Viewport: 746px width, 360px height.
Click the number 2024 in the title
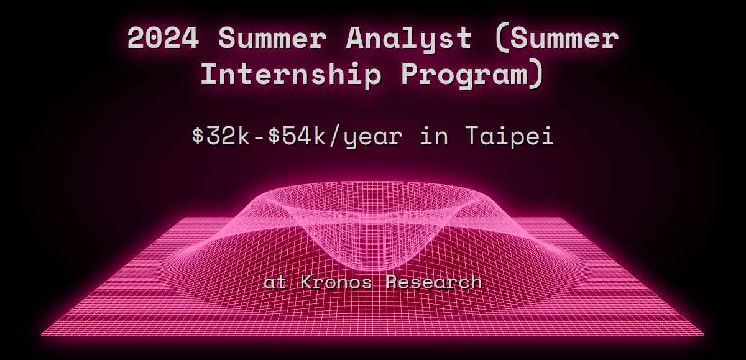(x=163, y=38)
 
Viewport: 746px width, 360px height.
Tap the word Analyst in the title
(x=409, y=39)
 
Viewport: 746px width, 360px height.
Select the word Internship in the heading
(x=291, y=75)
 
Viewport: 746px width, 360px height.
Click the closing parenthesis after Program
(x=537, y=75)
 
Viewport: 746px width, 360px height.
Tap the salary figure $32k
(x=221, y=136)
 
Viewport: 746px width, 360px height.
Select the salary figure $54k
(x=297, y=136)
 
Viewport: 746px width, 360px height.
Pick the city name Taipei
(x=510, y=137)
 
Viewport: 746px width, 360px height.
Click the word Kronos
(x=336, y=282)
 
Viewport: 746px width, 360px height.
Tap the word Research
(x=434, y=282)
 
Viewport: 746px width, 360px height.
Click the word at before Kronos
(x=275, y=283)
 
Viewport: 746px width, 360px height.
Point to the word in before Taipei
(x=434, y=136)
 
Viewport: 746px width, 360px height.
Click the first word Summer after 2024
(x=272, y=38)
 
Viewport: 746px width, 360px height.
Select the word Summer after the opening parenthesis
(x=564, y=38)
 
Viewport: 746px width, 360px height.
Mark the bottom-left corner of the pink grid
(x=42, y=335)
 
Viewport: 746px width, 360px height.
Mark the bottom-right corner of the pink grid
(x=704, y=335)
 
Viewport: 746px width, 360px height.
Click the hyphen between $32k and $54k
(x=259, y=137)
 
